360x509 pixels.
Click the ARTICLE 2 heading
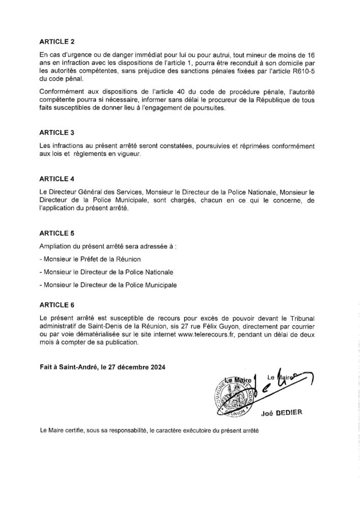(57, 42)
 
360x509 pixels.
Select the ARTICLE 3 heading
(57, 132)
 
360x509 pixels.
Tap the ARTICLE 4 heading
(57, 179)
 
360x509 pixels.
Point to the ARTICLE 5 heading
(57, 233)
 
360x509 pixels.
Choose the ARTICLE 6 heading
(57, 305)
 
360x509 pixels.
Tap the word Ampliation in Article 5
(54, 247)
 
